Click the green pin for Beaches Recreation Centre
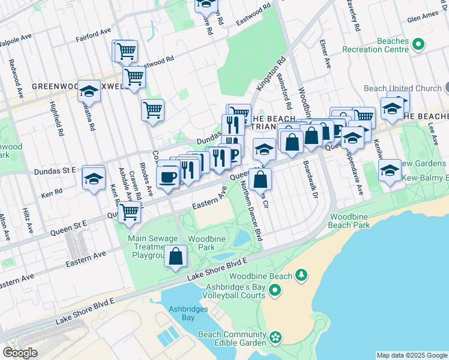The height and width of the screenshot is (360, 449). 419,44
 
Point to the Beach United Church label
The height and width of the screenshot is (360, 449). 402,88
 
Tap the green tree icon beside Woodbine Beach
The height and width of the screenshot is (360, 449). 302,275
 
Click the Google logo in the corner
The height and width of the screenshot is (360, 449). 20,353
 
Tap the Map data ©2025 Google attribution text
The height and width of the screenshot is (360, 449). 411,355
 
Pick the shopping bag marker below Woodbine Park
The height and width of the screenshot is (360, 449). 175,257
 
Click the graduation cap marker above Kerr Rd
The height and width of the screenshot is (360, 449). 94,178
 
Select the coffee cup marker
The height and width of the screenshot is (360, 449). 167,177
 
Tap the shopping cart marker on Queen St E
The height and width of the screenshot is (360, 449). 129,212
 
